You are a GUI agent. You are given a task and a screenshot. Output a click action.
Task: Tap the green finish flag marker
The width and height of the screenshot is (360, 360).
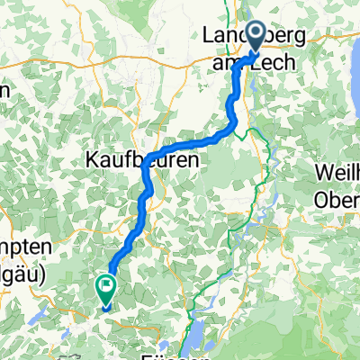pos(106,288)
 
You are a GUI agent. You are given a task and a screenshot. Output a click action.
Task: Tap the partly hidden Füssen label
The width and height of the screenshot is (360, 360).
pos(166,355)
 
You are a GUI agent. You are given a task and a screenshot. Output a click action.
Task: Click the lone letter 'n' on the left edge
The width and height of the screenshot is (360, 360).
pos(4,92)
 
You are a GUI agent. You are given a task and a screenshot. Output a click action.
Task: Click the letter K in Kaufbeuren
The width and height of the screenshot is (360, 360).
pos(91,159)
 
